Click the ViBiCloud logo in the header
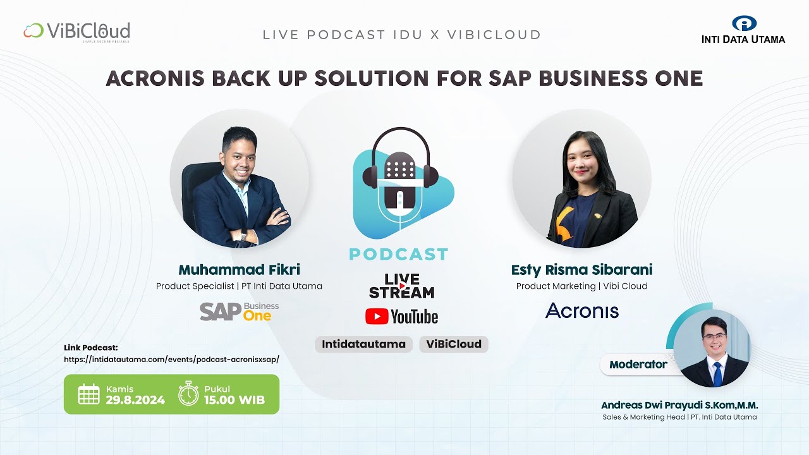pyautogui.click(x=76, y=32)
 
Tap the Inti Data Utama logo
pyautogui.click(x=743, y=30)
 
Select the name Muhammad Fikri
pyautogui.click(x=239, y=270)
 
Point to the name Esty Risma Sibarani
pyautogui.click(x=581, y=270)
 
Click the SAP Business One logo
pyautogui.click(x=239, y=311)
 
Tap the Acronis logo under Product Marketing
pyautogui.click(x=581, y=310)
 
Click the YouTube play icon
pyautogui.click(x=377, y=317)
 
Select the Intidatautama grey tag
pyautogui.click(x=363, y=344)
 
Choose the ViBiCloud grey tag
pyautogui.click(x=454, y=344)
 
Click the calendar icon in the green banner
pyautogui.click(x=88, y=394)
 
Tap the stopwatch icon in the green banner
pyautogui.click(x=188, y=393)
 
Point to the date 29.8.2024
pyautogui.click(x=135, y=400)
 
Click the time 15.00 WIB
pyautogui.click(x=234, y=400)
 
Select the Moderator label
pyautogui.click(x=638, y=365)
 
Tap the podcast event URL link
pyautogui.click(x=171, y=359)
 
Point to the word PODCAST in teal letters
pyautogui.click(x=399, y=254)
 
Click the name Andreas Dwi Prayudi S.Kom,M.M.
pyautogui.click(x=679, y=405)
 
